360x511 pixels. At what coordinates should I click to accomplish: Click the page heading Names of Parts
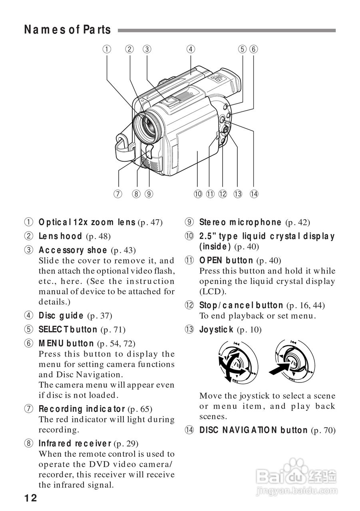[x=67, y=30]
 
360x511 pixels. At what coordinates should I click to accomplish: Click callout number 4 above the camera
[x=191, y=49]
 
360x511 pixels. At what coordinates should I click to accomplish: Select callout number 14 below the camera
[x=254, y=194]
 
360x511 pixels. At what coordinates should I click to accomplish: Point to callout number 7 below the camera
[x=117, y=194]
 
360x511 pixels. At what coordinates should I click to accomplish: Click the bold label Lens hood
[x=60, y=236]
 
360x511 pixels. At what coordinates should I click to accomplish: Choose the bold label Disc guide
[x=61, y=315]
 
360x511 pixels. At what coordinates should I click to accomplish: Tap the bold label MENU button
[x=66, y=343]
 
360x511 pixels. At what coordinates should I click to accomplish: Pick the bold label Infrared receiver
[x=75, y=443]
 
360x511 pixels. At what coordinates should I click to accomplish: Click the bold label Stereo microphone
[x=240, y=222]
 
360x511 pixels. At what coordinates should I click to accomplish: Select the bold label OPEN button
[x=226, y=261]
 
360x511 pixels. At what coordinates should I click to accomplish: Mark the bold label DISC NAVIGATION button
[x=253, y=430]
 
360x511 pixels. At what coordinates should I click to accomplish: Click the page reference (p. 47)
[x=150, y=223]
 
